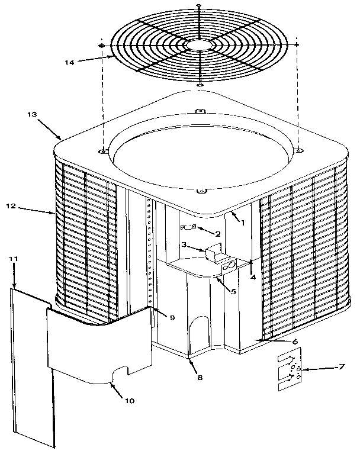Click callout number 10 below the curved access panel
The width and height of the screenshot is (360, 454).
pos(130,400)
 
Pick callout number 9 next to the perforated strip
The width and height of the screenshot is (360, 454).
pos(172,318)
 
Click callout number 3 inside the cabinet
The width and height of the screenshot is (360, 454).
pos(184,244)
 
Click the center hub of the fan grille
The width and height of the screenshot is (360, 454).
pos(200,45)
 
